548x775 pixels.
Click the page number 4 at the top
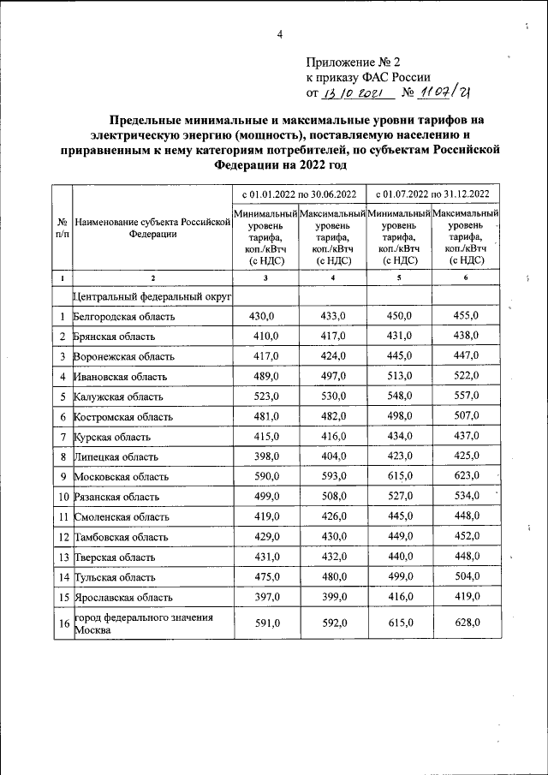pyautogui.click(x=279, y=34)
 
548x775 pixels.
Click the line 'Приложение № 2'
pyautogui.click(x=352, y=63)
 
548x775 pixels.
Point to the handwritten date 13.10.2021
pyautogui.click(x=353, y=93)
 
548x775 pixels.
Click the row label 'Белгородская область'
pyautogui.click(x=125, y=317)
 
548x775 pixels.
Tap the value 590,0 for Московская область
pyautogui.click(x=266, y=475)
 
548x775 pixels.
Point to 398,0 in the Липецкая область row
pyautogui.click(x=266, y=456)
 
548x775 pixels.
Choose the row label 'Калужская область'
pyautogui.click(x=118, y=396)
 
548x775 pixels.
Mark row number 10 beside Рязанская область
pyautogui.click(x=63, y=496)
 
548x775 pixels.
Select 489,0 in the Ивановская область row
pyautogui.click(x=266, y=376)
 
